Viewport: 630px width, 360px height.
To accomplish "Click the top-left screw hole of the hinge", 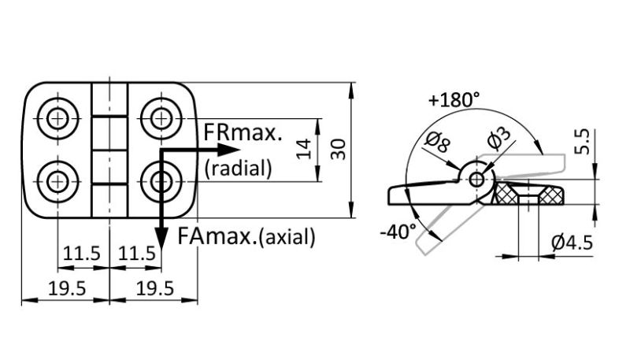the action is pyautogui.click(x=57, y=118).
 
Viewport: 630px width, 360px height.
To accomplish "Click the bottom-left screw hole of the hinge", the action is pyautogui.click(x=57, y=182).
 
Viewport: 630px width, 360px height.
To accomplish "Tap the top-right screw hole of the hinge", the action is pyautogui.click(x=161, y=118).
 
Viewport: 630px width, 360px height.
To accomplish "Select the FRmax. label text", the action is pyautogui.click(x=243, y=132).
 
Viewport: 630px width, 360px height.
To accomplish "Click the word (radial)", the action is pyautogui.click(x=238, y=168).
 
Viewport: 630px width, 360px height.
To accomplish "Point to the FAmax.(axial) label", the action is pyautogui.click(x=246, y=236).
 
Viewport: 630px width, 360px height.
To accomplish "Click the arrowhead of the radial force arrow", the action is pyautogui.click(x=228, y=150).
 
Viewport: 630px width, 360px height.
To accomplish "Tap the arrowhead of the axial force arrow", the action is pyautogui.click(x=161, y=238).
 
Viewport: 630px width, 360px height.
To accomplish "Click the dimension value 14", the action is pyautogui.click(x=304, y=149).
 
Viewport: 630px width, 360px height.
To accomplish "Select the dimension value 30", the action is pyautogui.click(x=339, y=149).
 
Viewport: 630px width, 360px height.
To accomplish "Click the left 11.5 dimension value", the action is pyautogui.click(x=82, y=254).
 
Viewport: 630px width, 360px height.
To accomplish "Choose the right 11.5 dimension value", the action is pyautogui.click(x=136, y=254).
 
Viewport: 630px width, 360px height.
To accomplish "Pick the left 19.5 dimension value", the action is pyautogui.click(x=67, y=288).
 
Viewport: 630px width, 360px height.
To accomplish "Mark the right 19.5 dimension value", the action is pyautogui.click(x=155, y=288).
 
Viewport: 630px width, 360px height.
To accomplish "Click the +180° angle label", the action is pyautogui.click(x=454, y=99).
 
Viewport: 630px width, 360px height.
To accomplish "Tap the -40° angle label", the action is pyautogui.click(x=398, y=232).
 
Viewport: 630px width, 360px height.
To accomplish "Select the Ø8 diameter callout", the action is pyautogui.click(x=438, y=143).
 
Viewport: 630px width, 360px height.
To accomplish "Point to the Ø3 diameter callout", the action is pyautogui.click(x=498, y=138).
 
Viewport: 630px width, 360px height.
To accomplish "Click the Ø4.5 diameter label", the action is pyautogui.click(x=573, y=243).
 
